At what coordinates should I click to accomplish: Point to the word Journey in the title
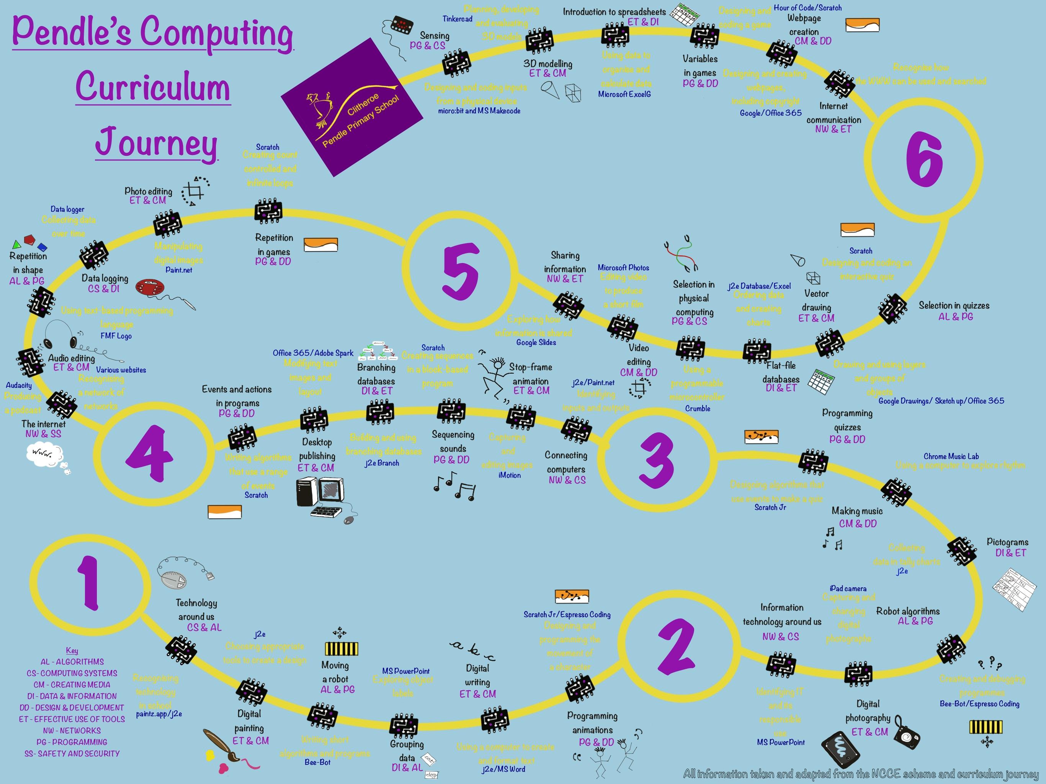(x=157, y=142)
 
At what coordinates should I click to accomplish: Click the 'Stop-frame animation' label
(x=531, y=374)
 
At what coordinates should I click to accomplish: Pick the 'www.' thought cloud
(x=44, y=454)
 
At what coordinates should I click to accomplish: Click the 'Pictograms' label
(x=1007, y=542)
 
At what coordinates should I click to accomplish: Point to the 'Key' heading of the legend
(x=72, y=650)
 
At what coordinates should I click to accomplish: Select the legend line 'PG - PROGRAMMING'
(x=72, y=742)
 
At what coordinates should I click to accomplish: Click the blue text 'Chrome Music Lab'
(x=951, y=456)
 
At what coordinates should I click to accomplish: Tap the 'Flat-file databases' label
(x=781, y=372)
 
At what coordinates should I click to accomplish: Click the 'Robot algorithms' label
(x=908, y=611)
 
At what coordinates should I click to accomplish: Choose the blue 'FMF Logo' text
(x=116, y=336)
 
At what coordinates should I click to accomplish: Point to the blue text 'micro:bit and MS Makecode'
(x=479, y=111)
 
